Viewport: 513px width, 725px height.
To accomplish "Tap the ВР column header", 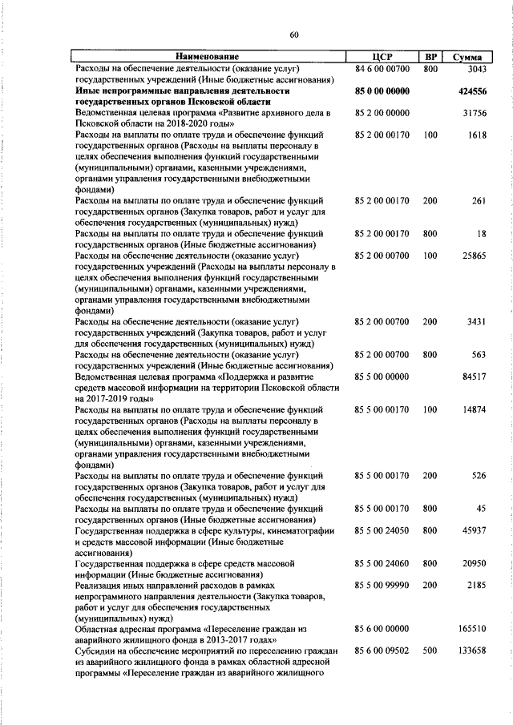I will point(430,58).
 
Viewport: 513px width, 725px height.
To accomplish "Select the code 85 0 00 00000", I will point(382,92).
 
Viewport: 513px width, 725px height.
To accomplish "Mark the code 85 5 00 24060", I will point(382,564).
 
